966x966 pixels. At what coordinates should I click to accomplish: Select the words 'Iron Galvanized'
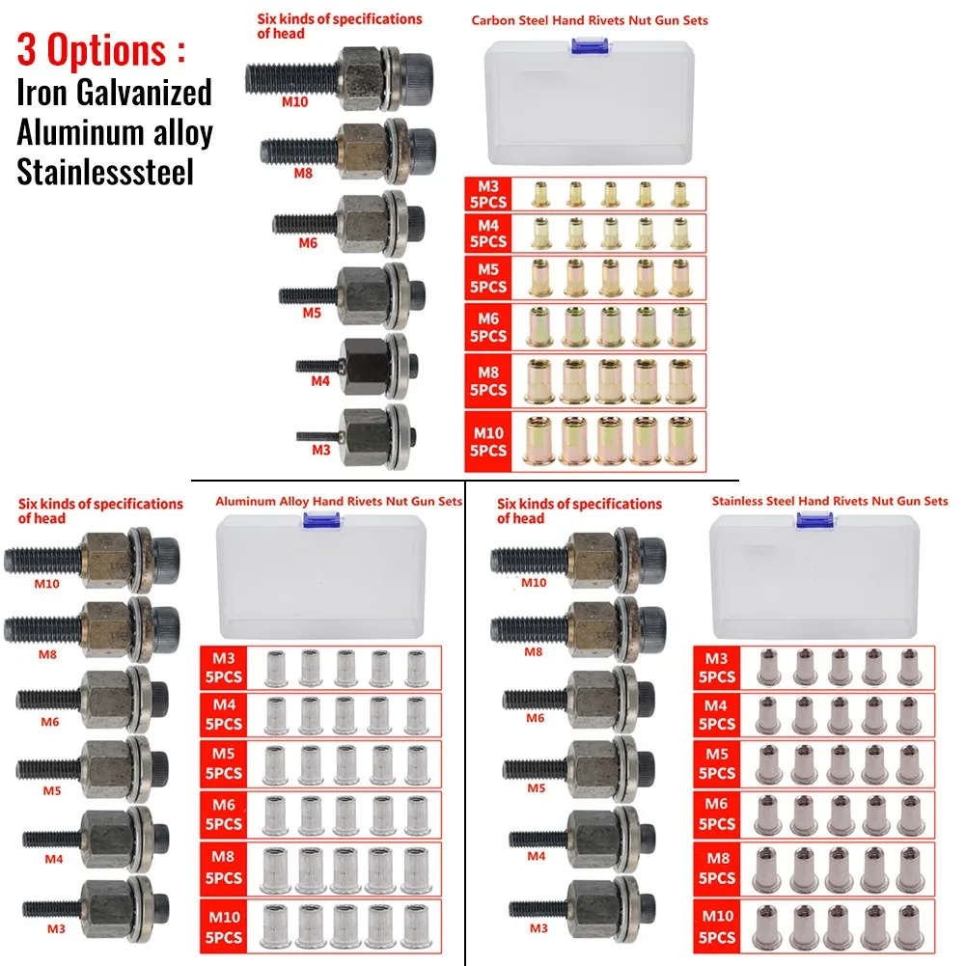pos(114,93)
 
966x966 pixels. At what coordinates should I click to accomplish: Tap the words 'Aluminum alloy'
pos(114,132)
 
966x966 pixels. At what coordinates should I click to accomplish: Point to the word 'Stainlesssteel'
pos(105,172)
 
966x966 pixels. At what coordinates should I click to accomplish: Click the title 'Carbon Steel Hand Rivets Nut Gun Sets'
pos(590,20)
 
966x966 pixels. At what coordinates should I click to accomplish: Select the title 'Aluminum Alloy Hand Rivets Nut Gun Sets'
pos(338,501)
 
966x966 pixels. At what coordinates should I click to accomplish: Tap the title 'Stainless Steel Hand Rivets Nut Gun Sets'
pos(829,501)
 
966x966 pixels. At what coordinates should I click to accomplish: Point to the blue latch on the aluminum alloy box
pos(312,520)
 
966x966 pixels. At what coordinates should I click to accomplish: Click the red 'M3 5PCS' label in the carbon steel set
pos(486,194)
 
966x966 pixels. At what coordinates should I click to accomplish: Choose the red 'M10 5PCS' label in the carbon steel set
pos(487,442)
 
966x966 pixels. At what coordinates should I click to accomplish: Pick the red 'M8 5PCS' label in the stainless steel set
pos(715,868)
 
